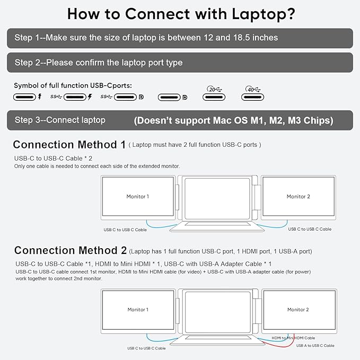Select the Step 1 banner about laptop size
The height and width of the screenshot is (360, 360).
[180, 38]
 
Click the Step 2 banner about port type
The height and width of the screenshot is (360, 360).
[180, 63]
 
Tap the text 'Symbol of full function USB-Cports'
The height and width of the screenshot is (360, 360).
[72, 85]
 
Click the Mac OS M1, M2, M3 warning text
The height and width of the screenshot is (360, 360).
[233, 120]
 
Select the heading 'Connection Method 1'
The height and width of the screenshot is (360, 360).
[69, 145]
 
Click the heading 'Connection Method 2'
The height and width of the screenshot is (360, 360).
[70, 250]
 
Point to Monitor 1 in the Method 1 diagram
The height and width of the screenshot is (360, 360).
[138, 197]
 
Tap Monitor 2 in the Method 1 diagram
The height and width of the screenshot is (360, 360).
[298, 197]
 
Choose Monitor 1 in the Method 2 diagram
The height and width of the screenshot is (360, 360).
[138, 310]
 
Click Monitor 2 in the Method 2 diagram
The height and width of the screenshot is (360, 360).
[298, 310]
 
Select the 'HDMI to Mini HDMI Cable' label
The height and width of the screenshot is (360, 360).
[293, 338]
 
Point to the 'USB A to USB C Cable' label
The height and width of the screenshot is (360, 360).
[315, 346]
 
